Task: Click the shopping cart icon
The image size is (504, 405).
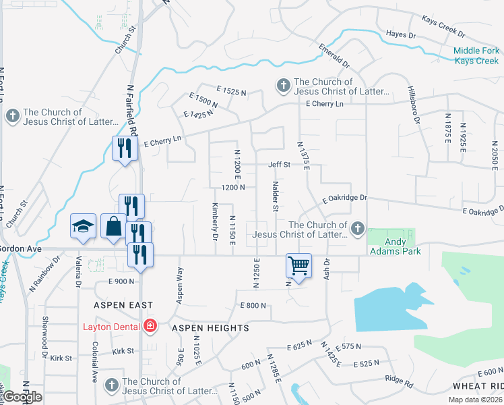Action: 298,265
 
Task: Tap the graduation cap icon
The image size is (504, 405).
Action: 83,227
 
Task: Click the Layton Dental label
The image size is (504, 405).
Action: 111,327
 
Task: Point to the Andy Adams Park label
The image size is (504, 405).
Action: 395,246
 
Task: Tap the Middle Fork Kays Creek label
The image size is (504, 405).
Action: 476,55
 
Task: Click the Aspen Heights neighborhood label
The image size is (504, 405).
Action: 210,328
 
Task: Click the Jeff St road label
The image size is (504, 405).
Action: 279,164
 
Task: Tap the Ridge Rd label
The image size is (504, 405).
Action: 398,381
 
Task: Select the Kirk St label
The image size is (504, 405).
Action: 123,351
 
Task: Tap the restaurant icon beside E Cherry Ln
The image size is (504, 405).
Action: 124,148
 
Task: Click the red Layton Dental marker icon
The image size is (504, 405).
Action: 150,327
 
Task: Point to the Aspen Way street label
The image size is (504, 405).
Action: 180,285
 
